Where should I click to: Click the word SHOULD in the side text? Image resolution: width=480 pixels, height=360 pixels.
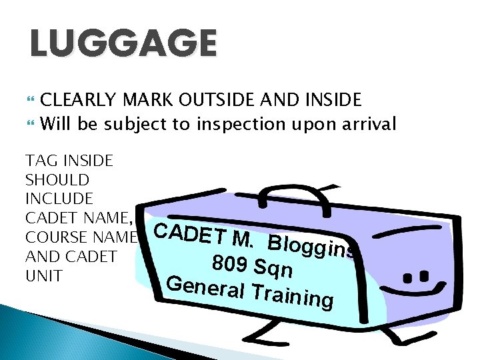click(x=57, y=180)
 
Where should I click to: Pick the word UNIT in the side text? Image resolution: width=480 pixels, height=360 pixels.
click(x=43, y=276)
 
